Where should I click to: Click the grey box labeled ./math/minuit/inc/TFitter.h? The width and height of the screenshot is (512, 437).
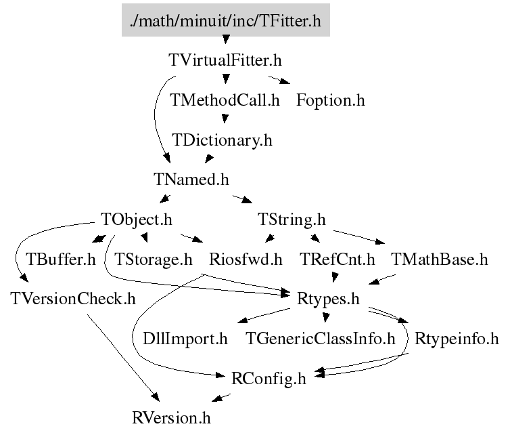pos(225,21)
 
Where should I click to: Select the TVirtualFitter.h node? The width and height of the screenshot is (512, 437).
pos(225,60)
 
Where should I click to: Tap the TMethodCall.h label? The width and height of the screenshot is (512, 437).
pos(225,100)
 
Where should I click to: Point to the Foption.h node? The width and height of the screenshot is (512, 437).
pos(330,100)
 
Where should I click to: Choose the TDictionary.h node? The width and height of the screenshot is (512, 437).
pos(222,140)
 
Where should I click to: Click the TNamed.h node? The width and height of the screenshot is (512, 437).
pos(191,180)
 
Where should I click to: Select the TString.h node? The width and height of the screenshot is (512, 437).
pos(292,220)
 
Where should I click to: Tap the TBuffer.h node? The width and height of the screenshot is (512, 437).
pos(60,259)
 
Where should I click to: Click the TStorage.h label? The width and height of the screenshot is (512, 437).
pos(154,259)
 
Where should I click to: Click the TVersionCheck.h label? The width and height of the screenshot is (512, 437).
pos(73,299)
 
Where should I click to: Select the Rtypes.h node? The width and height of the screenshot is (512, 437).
pos(327,299)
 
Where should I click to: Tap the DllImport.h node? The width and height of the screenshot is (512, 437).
pos(185,338)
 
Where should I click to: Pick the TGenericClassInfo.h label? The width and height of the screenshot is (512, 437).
pos(320,338)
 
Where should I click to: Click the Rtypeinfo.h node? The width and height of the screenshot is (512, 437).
pos(456,338)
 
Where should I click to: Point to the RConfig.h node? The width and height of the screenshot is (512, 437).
pos(269,378)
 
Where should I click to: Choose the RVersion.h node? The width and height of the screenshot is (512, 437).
pos(171,417)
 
